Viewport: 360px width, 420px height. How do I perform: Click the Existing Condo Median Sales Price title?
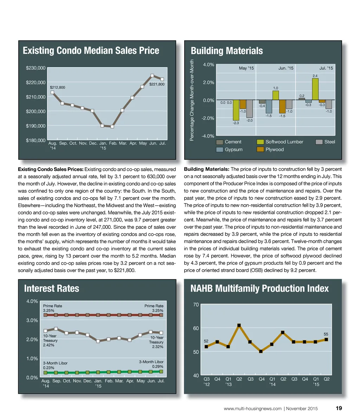(91, 51)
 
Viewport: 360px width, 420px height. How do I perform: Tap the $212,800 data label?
(57, 87)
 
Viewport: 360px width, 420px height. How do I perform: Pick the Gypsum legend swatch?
(220, 149)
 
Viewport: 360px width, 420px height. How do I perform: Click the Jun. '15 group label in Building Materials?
(285, 68)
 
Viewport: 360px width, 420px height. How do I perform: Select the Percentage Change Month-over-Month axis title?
(192, 101)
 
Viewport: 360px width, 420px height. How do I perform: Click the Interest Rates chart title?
(52, 289)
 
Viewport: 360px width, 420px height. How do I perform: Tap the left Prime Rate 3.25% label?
(52, 308)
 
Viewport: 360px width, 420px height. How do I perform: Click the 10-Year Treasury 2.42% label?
(50, 340)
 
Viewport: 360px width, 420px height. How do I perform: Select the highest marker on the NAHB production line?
(239, 325)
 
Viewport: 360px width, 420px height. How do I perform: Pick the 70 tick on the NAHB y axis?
(196, 305)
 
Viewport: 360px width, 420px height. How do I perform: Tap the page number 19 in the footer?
(339, 408)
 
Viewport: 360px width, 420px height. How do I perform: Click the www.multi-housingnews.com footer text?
(252, 408)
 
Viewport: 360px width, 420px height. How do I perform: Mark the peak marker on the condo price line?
(152, 75)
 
